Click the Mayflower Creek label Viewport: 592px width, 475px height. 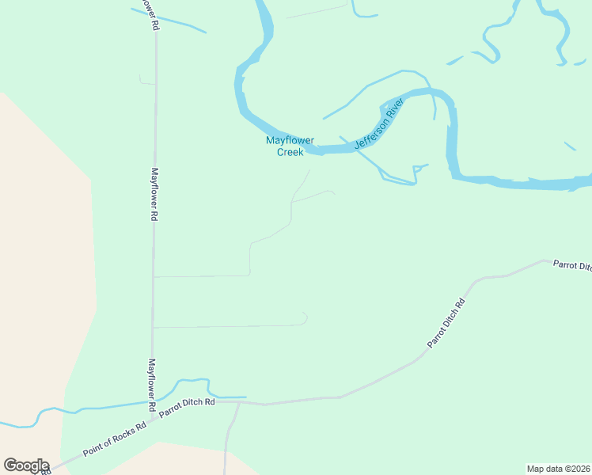click(290, 146)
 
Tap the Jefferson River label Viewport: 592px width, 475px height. click(379, 123)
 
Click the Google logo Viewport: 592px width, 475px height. click(26, 465)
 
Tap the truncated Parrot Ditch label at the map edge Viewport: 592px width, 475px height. click(572, 265)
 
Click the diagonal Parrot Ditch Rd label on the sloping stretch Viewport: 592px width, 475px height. click(446, 323)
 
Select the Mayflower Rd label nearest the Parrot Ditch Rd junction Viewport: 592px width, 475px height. click(152, 386)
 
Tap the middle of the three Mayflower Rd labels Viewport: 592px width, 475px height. click(155, 194)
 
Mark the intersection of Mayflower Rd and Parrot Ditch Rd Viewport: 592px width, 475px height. click(152, 412)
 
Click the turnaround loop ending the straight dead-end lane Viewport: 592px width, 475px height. click(304, 318)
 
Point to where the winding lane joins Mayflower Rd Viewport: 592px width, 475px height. click(154, 276)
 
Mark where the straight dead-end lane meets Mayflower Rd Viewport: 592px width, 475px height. click(154, 327)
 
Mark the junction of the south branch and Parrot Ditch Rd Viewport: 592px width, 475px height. click(238, 402)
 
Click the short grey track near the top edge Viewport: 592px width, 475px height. click(317, 11)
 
